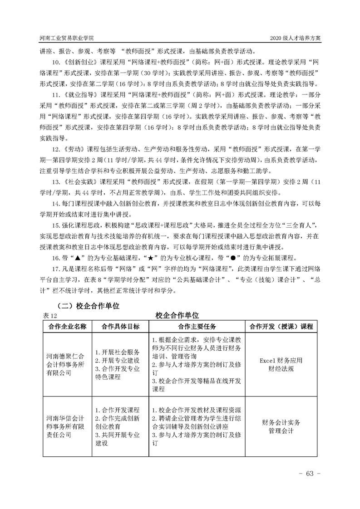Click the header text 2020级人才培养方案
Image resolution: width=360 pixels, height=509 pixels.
click(x=295, y=38)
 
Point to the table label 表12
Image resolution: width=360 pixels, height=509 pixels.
click(x=48, y=315)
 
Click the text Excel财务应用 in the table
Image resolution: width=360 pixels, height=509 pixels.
click(x=281, y=360)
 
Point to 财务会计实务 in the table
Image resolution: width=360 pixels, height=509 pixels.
click(x=281, y=422)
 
